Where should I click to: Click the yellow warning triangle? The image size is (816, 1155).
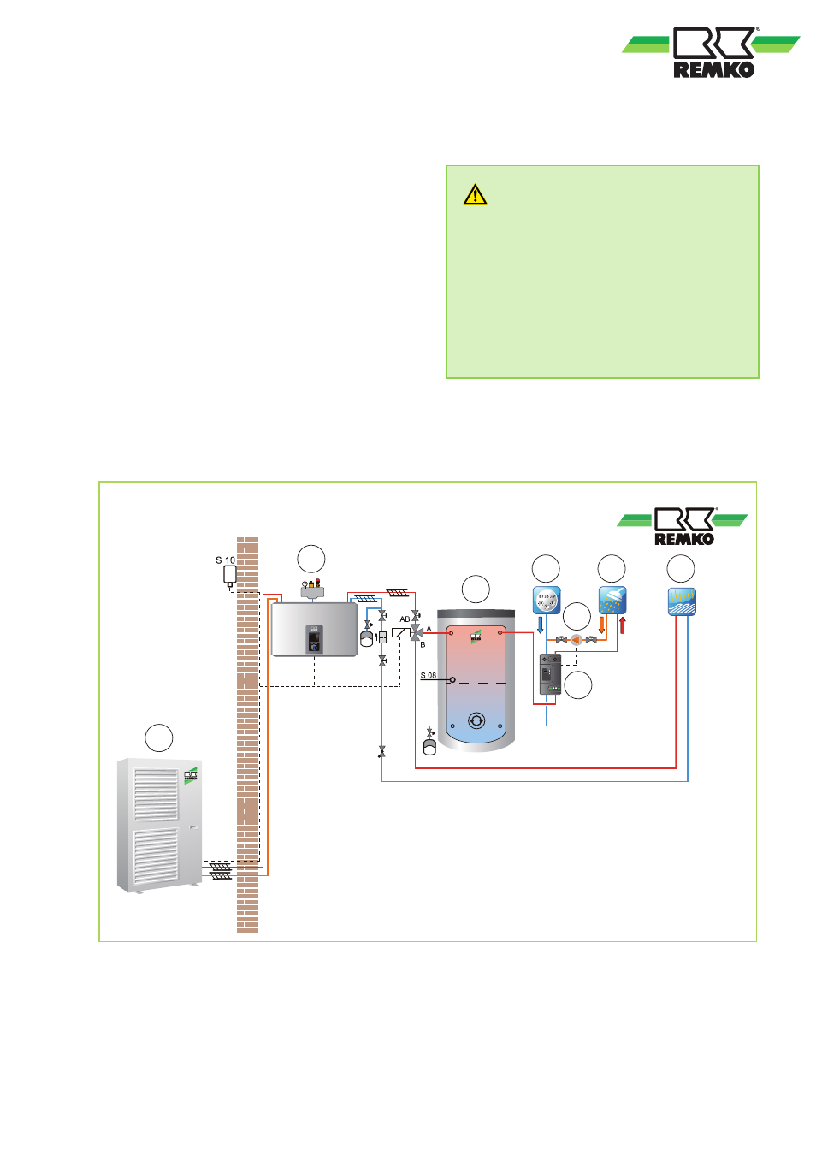click(x=475, y=195)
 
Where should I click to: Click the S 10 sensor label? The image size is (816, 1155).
click(x=225, y=560)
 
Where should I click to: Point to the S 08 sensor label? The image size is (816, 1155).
click(x=429, y=675)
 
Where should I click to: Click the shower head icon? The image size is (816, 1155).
click(x=612, y=600)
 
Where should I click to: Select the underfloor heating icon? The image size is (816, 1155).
click(x=682, y=601)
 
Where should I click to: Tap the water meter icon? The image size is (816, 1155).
click(x=547, y=600)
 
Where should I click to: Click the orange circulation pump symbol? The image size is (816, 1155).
click(x=577, y=640)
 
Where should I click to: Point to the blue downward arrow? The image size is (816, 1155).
click(x=541, y=625)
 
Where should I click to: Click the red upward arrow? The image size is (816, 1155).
click(x=622, y=625)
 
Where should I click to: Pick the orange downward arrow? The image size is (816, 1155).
click(x=602, y=625)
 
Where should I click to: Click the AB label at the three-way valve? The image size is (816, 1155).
click(x=405, y=619)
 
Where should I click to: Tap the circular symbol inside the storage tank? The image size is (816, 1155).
click(x=476, y=721)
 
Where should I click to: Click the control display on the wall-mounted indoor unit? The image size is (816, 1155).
click(x=315, y=638)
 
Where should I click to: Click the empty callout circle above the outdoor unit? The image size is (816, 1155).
click(x=159, y=737)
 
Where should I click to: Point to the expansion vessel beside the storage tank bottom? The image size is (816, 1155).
click(x=429, y=745)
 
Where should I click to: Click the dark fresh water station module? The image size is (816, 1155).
click(x=549, y=674)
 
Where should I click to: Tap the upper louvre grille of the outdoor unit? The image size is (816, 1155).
click(x=156, y=794)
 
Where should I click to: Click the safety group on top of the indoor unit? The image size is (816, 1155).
click(x=312, y=589)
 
